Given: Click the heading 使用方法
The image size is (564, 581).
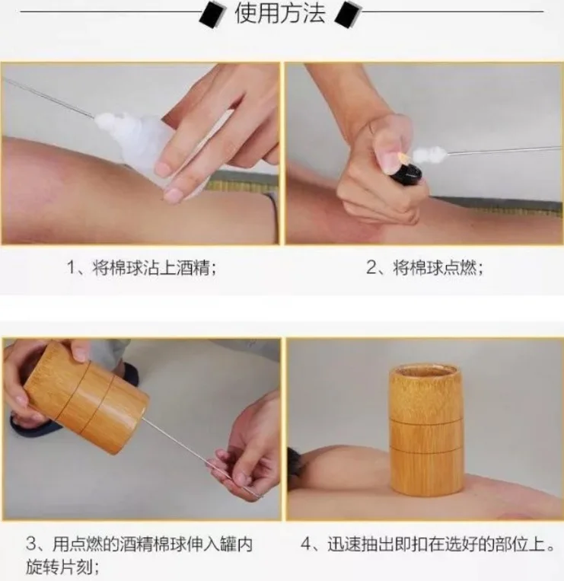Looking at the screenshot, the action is pyautogui.click(x=280, y=13).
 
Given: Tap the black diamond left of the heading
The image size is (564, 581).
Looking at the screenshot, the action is pyautogui.click(x=213, y=14).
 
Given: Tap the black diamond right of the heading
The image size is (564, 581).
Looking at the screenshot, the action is pyautogui.click(x=347, y=14).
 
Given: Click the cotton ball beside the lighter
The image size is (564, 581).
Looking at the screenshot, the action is pyautogui.click(x=429, y=153).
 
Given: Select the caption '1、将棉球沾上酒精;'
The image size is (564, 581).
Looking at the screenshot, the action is pyautogui.click(x=142, y=267).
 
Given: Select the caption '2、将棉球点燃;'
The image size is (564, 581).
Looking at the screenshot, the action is pyautogui.click(x=425, y=267).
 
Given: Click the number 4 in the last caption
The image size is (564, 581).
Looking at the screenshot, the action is pyautogui.click(x=306, y=544).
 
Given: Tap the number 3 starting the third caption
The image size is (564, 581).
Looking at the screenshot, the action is pyautogui.click(x=31, y=544).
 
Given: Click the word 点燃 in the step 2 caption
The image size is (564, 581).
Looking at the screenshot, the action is pyautogui.click(x=459, y=267).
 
